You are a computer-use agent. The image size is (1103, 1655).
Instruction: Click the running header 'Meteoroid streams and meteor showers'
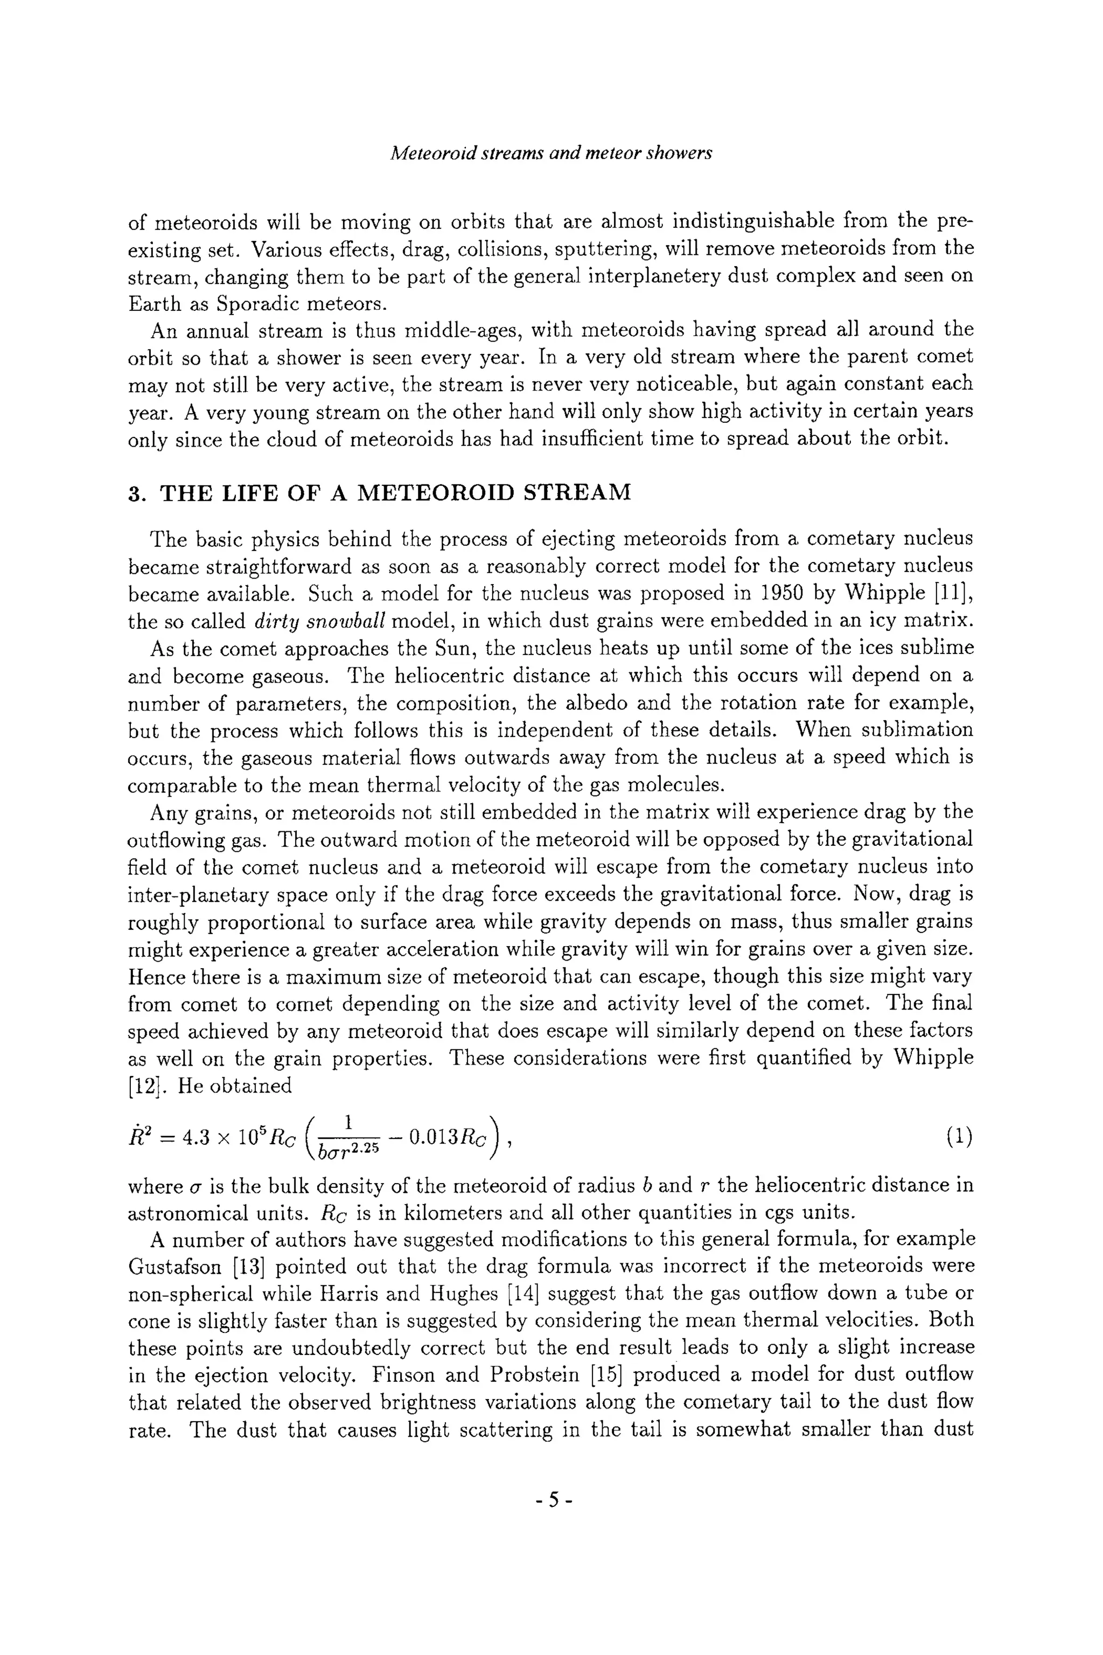(x=551, y=152)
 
